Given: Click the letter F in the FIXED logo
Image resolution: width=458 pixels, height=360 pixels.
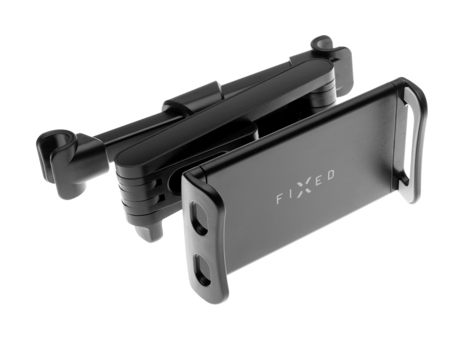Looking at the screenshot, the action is (280, 200).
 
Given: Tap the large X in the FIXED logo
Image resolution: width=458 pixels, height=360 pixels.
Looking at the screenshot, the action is (304, 187).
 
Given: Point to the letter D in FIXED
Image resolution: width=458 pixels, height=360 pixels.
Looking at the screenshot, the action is (331, 175).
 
